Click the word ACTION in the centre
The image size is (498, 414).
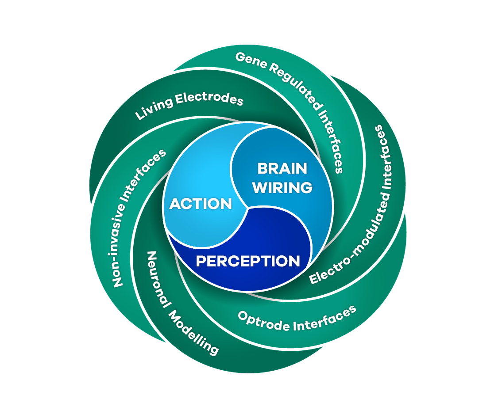tap(201, 204)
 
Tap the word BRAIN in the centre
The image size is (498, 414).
tap(282, 168)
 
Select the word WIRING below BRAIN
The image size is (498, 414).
tap(282, 187)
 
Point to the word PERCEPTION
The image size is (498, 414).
tap(248, 261)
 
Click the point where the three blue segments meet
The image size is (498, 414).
tap(247, 207)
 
